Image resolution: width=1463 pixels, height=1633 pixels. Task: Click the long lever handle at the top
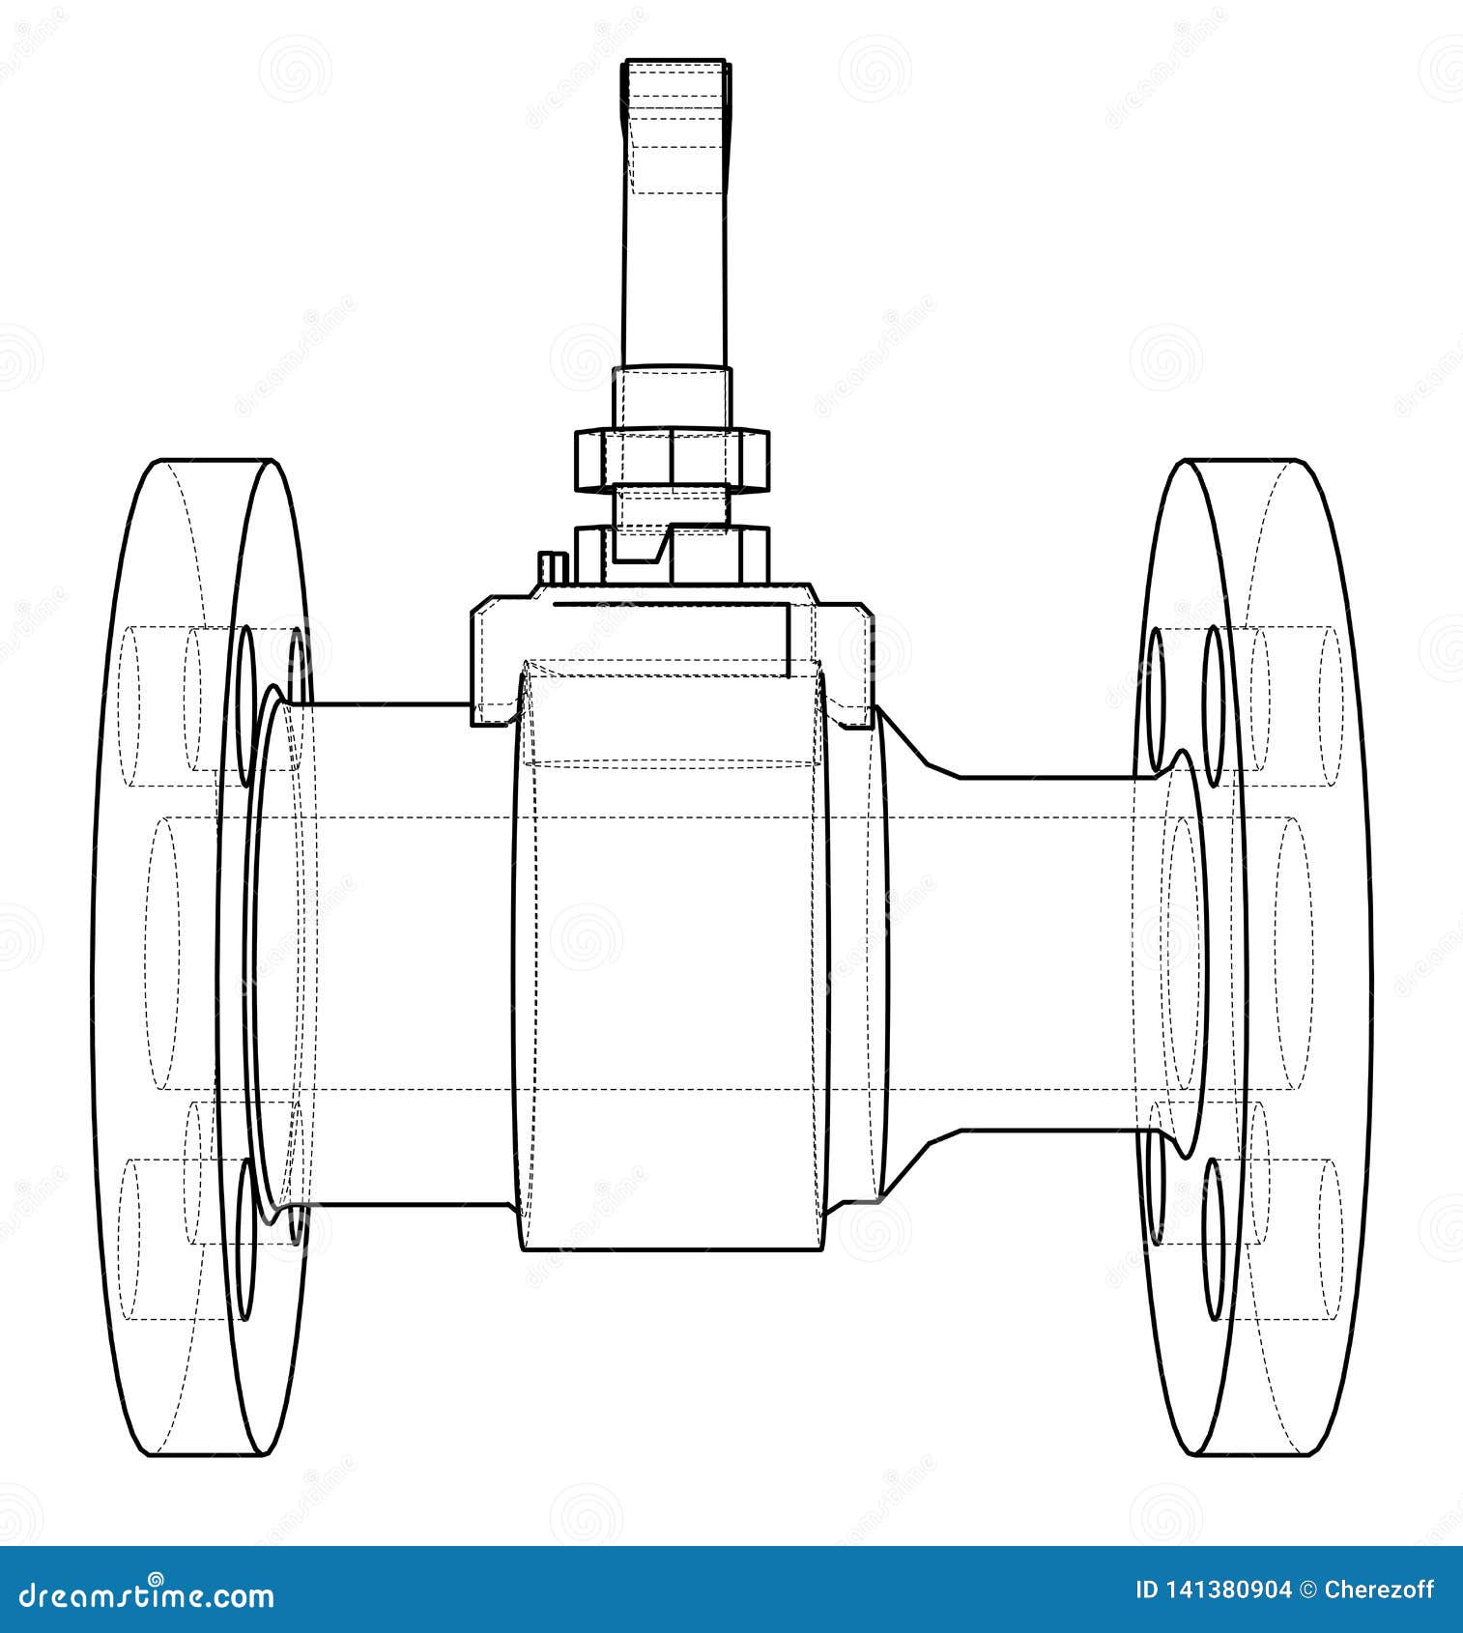(x=675, y=213)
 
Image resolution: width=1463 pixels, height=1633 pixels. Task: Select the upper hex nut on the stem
(x=673, y=460)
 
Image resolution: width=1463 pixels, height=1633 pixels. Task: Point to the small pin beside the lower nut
(x=551, y=567)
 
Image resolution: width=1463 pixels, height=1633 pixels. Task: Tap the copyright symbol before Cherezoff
(x=1308, y=1590)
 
